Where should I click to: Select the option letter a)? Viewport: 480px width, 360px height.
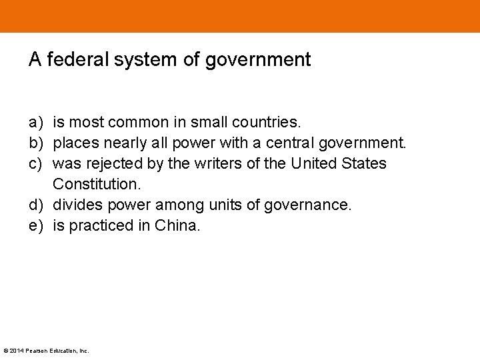(x=36, y=123)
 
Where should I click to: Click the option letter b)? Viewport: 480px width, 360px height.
(x=36, y=143)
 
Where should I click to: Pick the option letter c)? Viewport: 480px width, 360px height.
(x=36, y=163)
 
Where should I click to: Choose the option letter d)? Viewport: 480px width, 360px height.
(x=36, y=205)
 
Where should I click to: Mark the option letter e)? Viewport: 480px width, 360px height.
(x=36, y=225)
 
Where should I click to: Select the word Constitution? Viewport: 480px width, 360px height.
(x=97, y=184)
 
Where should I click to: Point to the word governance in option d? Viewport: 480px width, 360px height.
(x=307, y=205)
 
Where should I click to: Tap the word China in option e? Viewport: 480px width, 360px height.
(x=177, y=225)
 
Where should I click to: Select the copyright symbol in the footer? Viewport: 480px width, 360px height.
(x=5, y=351)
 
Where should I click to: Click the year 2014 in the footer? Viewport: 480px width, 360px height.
(x=15, y=351)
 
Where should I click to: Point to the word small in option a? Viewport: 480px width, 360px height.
(x=209, y=123)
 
